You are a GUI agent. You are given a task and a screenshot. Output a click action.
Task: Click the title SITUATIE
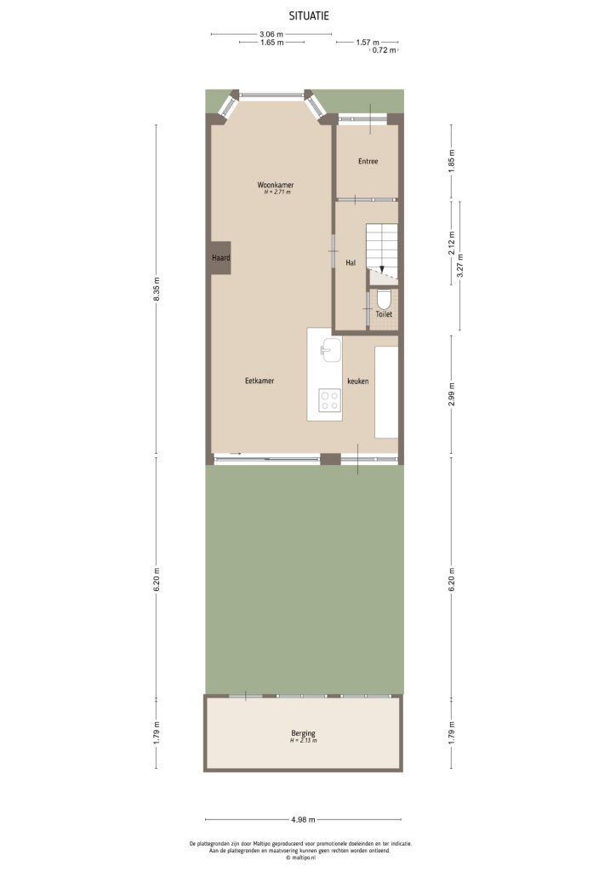click(x=308, y=15)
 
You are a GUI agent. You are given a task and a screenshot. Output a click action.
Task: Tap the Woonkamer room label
click(x=277, y=184)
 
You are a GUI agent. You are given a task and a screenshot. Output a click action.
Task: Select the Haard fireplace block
click(x=220, y=257)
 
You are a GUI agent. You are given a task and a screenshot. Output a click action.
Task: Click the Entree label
click(x=368, y=161)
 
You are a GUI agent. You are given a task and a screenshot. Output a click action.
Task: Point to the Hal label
click(x=351, y=263)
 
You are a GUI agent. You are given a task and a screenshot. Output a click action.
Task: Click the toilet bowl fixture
click(x=384, y=299)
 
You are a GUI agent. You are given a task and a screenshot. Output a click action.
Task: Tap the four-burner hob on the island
click(x=329, y=399)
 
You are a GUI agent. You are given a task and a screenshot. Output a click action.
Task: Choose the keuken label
click(x=358, y=381)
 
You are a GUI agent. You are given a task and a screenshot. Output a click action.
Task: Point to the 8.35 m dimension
click(x=157, y=289)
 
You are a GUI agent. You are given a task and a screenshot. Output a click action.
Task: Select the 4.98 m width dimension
click(x=303, y=819)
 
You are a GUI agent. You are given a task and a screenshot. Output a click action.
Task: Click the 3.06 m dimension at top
click(x=271, y=34)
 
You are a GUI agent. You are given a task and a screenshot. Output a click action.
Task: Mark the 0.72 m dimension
click(x=385, y=50)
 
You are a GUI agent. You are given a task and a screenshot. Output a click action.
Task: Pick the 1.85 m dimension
click(x=452, y=161)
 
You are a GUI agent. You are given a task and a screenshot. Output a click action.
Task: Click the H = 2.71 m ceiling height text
click(x=277, y=192)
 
